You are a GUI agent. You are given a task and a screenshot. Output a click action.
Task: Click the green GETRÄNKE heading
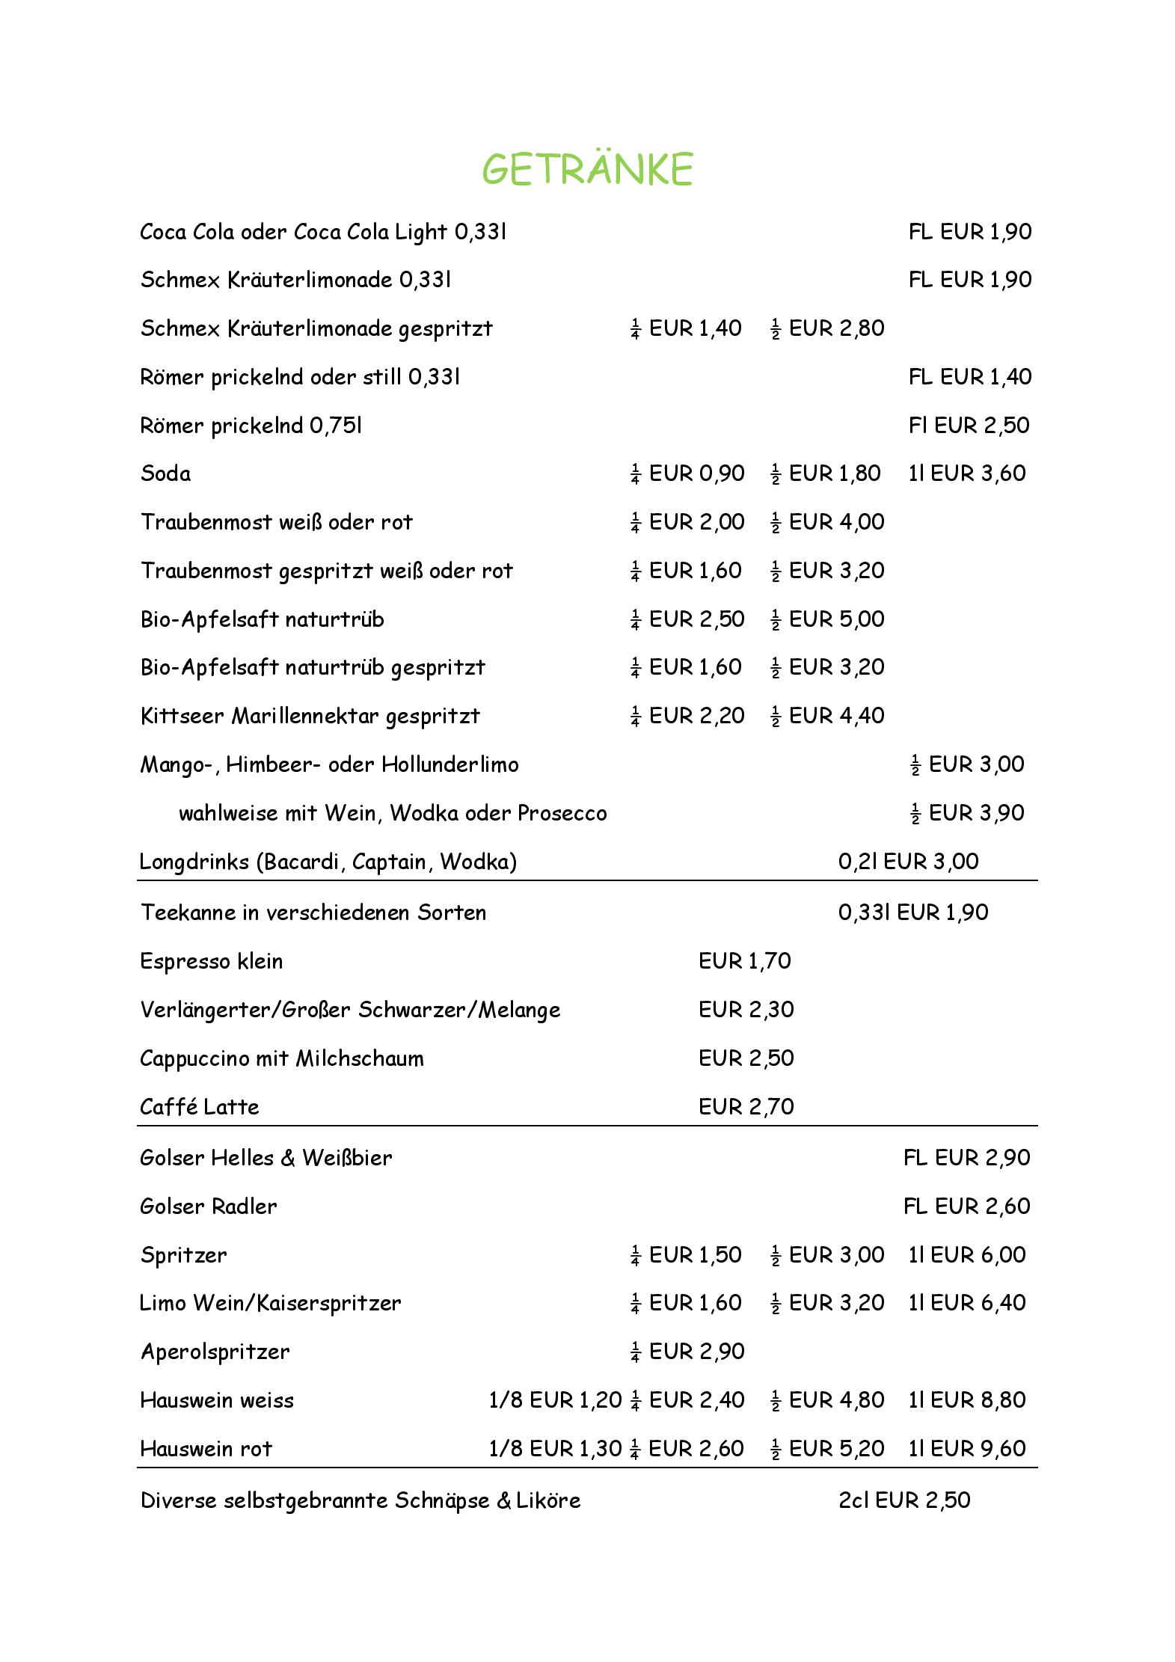click(587, 168)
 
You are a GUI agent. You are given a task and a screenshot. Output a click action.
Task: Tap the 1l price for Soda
click(966, 473)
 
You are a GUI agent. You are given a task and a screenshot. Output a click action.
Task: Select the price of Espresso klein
click(744, 961)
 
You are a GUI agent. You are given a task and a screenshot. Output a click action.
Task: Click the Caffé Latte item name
click(199, 1107)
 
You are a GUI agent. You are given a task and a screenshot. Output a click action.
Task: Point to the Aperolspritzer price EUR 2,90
click(687, 1352)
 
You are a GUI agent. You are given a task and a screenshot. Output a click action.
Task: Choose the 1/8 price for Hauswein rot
click(554, 1449)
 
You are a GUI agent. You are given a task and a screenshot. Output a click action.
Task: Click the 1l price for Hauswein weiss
click(966, 1400)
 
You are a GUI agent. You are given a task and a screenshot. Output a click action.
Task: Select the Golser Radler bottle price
click(966, 1206)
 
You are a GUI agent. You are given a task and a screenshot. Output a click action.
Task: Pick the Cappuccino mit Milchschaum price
click(746, 1058)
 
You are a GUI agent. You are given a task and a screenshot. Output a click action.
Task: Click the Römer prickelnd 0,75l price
click(969, 426)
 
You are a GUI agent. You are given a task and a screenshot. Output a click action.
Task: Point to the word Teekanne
click(187, 913)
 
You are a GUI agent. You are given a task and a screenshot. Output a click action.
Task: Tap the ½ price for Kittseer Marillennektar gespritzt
click(827, 716)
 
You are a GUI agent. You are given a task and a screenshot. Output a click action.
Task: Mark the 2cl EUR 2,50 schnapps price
click(904, 1500)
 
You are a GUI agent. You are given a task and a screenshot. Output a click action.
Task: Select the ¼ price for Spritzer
click(686, 1255)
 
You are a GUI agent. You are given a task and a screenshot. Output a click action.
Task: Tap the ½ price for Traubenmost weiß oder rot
click(827, 522)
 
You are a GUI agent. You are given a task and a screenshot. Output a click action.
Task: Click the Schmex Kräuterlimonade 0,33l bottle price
click(969, 280)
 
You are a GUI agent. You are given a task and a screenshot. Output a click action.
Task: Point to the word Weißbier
click(347, 1158)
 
